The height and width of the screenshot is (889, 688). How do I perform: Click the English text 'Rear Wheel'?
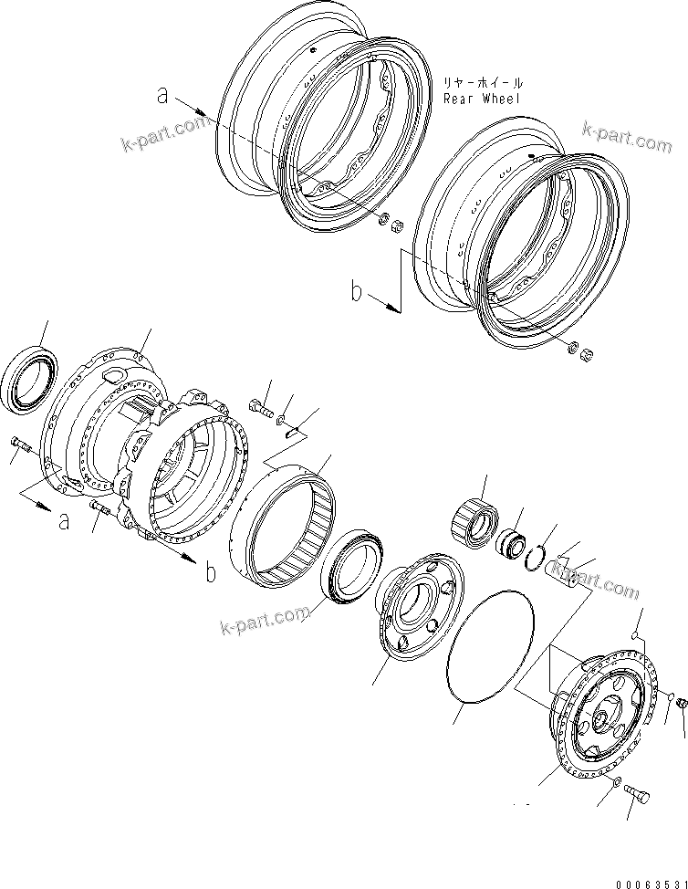click(481, 98)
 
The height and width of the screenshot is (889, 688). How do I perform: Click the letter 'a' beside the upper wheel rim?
click(162, 93)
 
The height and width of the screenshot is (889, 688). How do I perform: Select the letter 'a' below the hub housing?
click(63, 521)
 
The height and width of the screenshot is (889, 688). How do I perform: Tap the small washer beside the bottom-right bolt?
click(619, 782)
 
